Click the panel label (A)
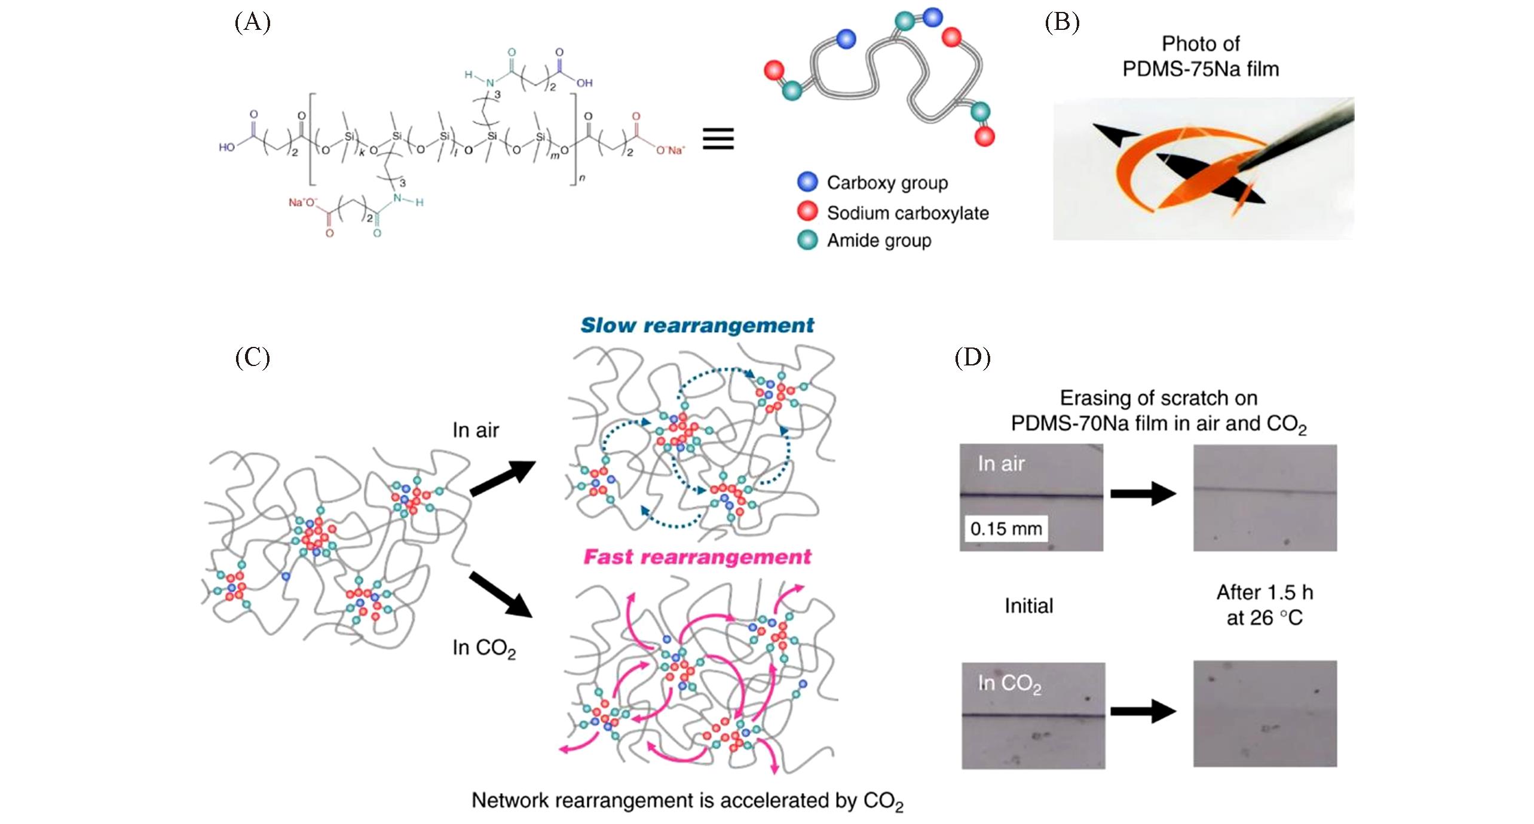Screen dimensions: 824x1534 [253, 23]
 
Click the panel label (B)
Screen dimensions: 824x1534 [1062, 23]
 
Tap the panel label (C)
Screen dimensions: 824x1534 [253, 358]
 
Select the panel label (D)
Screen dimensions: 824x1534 [972, 358]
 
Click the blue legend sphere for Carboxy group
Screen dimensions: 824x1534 [807, 182]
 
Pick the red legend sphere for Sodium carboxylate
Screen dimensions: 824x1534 [807, 211]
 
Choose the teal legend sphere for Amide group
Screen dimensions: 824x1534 [807, 239]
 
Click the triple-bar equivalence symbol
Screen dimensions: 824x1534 [718, 139]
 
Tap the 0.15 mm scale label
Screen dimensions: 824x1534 [1006, 528]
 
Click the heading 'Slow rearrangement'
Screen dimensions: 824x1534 [697, 325]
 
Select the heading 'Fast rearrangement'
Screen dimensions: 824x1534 [697, 556]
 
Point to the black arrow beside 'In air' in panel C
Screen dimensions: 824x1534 [503, 478]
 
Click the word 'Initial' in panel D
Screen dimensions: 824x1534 [1028, 605]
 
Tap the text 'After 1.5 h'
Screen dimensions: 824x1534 [1264, 592]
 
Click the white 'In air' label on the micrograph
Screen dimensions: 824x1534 [1001, 463]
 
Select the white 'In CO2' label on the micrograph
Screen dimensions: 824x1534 [1009, 683]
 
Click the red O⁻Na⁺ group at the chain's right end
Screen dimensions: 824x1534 [670, 150]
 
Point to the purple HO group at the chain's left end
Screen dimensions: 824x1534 [226, 147]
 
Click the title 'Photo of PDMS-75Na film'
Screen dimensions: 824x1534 [1201, 56]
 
